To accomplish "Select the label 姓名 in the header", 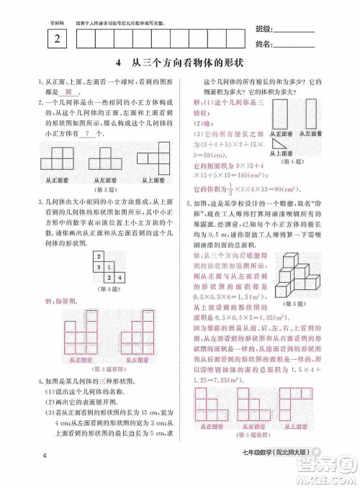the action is [264, 45].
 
